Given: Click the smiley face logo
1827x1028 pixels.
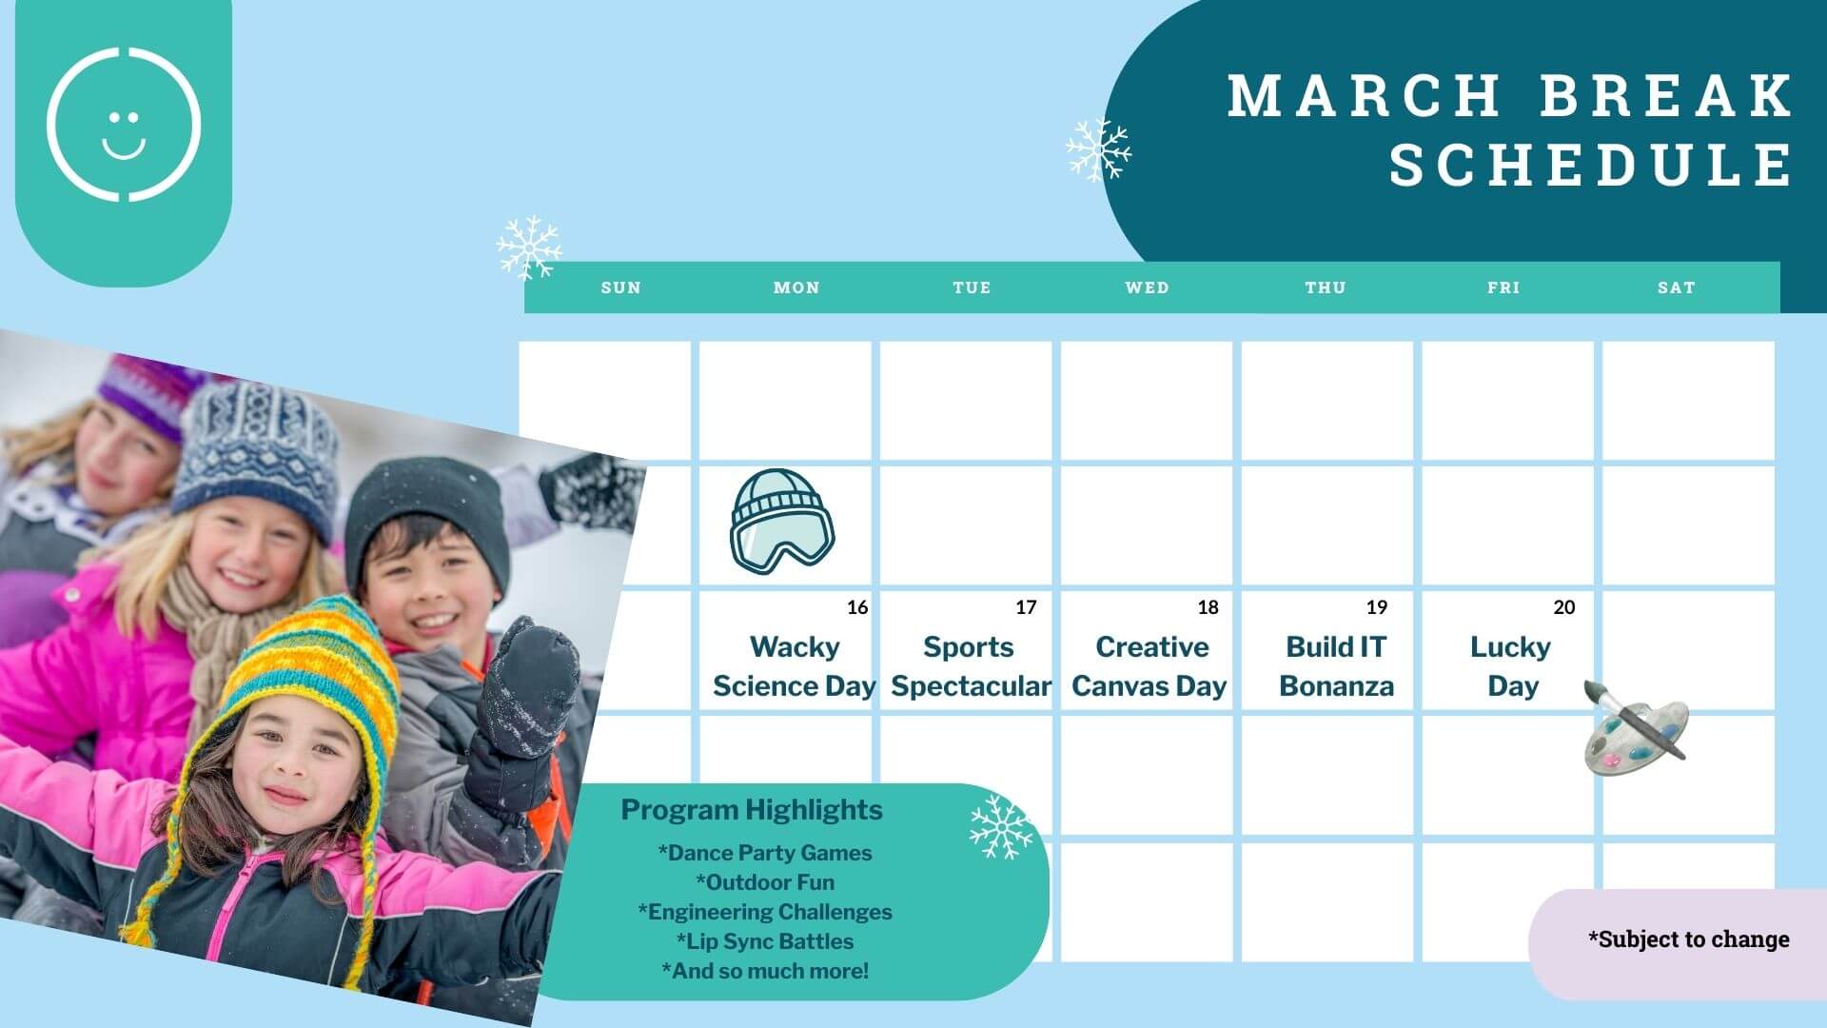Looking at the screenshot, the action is point(124,124).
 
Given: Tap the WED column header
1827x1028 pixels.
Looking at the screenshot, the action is point(1147,287).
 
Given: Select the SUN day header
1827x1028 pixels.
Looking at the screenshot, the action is point(621,287).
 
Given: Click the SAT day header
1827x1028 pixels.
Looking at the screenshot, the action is point(1677,287).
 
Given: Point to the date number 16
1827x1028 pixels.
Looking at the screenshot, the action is point(857,607).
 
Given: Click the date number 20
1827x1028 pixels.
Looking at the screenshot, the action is point(1564,607).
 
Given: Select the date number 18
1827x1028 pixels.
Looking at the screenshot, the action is point(1208,607).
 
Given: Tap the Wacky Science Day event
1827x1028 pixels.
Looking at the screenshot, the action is point(795,666).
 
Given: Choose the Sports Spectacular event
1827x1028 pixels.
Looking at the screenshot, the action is point(971,666).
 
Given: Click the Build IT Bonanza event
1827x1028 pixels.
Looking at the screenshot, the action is point(1336,666).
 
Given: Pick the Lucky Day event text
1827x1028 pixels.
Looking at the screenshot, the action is point(1511,666).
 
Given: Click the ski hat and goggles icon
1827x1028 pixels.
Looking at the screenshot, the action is point(781,522).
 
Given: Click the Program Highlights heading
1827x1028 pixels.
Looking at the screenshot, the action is point(752,810).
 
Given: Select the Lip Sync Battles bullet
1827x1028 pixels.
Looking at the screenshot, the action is point(765,941).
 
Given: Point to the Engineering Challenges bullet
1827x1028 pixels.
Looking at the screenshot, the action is point(765,912).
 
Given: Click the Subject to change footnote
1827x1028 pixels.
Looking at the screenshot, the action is point(1688,939).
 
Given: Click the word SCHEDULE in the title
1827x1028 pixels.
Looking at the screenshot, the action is point(1592,164).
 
